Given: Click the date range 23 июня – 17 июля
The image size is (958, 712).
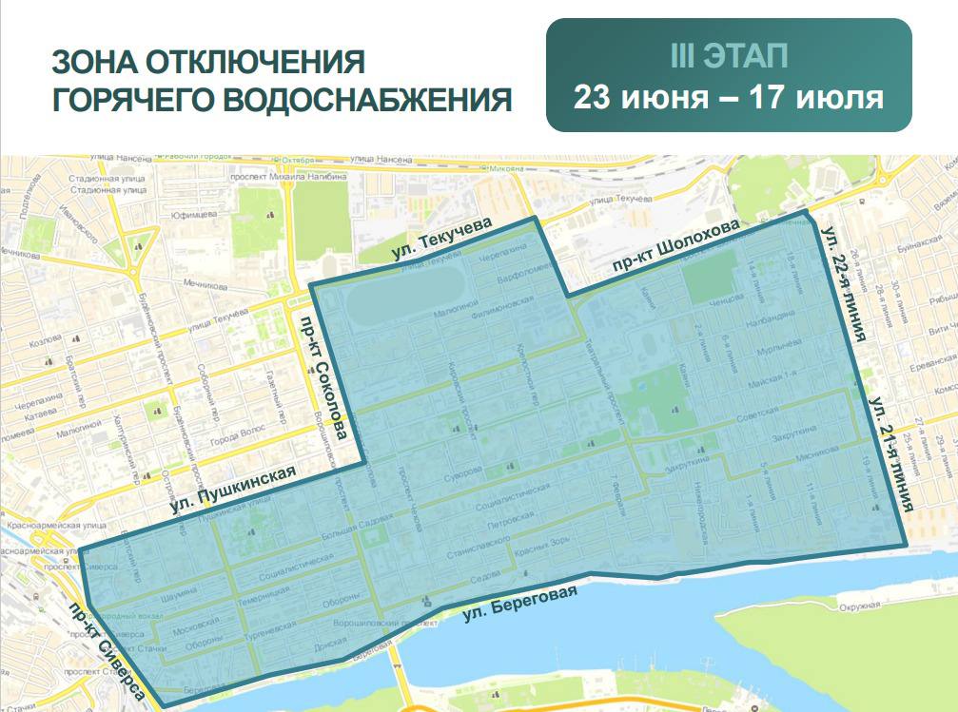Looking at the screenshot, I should click(729, 97).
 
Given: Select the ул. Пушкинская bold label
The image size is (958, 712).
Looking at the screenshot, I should click(234, 490).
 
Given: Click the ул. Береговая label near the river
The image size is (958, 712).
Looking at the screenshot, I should click(520, 606).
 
